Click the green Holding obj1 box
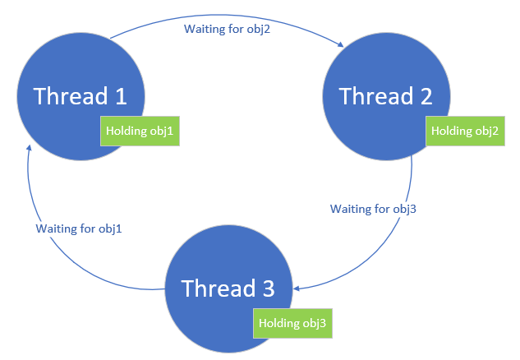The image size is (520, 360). point(140,131)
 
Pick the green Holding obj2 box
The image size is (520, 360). point(465,131)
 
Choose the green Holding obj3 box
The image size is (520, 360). point(292,324)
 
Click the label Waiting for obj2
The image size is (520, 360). point(228,29)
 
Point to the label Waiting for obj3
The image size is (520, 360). point(373,209)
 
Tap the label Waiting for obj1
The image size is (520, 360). point(79,228)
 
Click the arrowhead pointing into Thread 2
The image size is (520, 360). point(341,44)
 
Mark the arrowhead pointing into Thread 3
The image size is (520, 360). point(297,288)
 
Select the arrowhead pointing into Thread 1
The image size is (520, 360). point(30,148)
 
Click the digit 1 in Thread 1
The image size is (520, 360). point(122,96)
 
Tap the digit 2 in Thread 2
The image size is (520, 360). point(426,96)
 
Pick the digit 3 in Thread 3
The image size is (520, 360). point(269,288)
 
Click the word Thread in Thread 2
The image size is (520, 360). point(375,96)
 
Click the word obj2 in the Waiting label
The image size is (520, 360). point(258,30)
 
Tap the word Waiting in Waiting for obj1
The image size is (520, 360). point(55,228)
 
